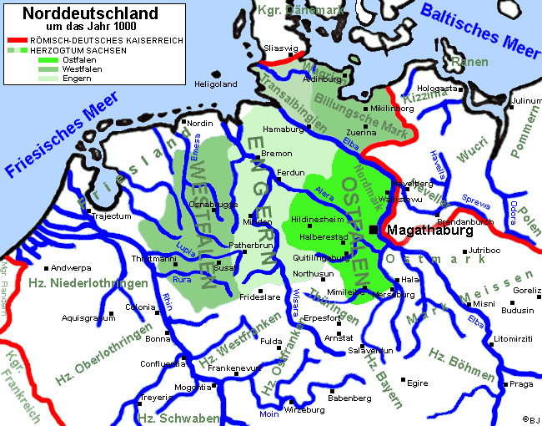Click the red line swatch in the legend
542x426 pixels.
point(18,40)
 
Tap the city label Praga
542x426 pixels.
point(521,384)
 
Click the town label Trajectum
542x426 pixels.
point(112,216)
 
